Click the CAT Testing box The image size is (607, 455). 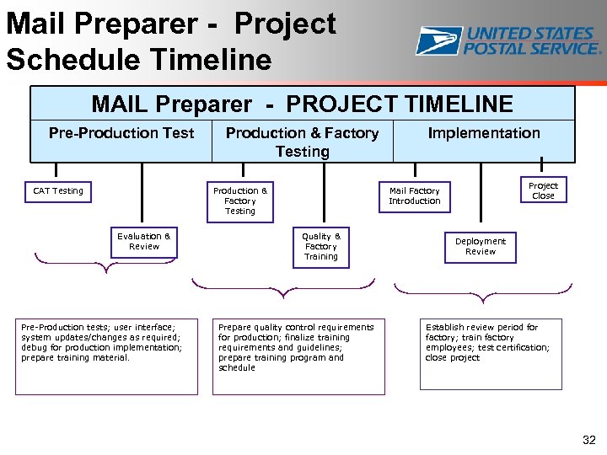point(58,191)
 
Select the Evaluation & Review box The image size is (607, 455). point(144,242)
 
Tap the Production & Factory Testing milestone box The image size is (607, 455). point(240,201)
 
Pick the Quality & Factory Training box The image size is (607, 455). point(320,247)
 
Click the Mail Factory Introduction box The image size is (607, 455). point(414,196)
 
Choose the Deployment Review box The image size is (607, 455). point(481,247)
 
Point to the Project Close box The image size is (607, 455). point(543,191)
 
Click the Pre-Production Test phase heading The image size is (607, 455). point(121,133)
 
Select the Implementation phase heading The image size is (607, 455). point(484,133)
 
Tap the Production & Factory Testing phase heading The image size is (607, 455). point(302,142)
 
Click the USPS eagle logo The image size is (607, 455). point(438,40)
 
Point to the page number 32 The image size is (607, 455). point(588,440)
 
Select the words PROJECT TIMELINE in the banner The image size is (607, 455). point(400,104)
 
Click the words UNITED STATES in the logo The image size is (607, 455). point(531,34)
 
